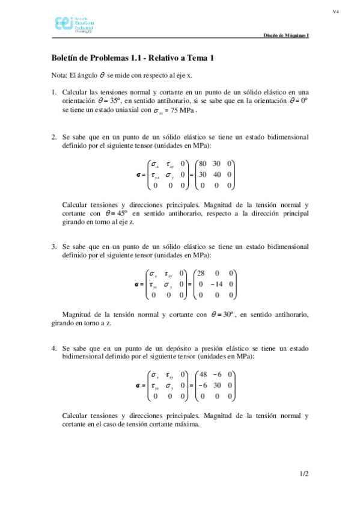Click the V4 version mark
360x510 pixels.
[x=337, y=12]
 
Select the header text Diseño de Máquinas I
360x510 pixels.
[x=286, y=35]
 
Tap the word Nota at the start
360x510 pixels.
[x=59, y=75]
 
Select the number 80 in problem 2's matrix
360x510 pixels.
[x=203, y=164]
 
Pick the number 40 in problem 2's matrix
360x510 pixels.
[x=217, y=174]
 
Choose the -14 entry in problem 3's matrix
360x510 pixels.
[x=216, y=284]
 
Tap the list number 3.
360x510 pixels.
[x=53, y=247]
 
